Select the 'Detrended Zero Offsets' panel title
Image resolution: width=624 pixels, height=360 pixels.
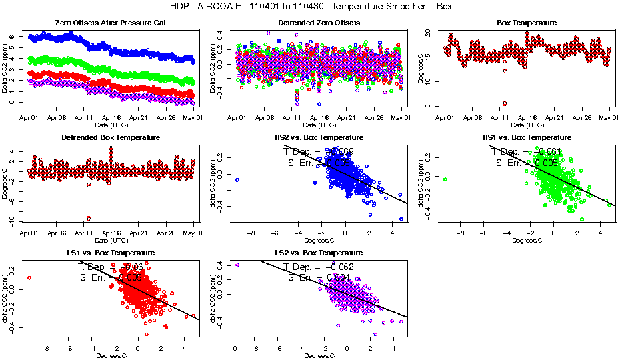(319, 23)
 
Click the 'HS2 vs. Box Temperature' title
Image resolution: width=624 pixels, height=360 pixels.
(319, 137)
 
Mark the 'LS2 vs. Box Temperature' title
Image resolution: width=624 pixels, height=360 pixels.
(319, 253)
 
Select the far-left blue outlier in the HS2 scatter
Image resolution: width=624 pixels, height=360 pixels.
(237, 180)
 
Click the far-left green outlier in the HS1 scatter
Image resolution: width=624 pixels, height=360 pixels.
(445, 179)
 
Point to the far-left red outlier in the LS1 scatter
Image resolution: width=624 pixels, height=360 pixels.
(29, 277)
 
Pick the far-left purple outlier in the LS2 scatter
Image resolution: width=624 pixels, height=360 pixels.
(237, 265)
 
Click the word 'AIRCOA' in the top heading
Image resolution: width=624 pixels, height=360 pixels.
(215, 6)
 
